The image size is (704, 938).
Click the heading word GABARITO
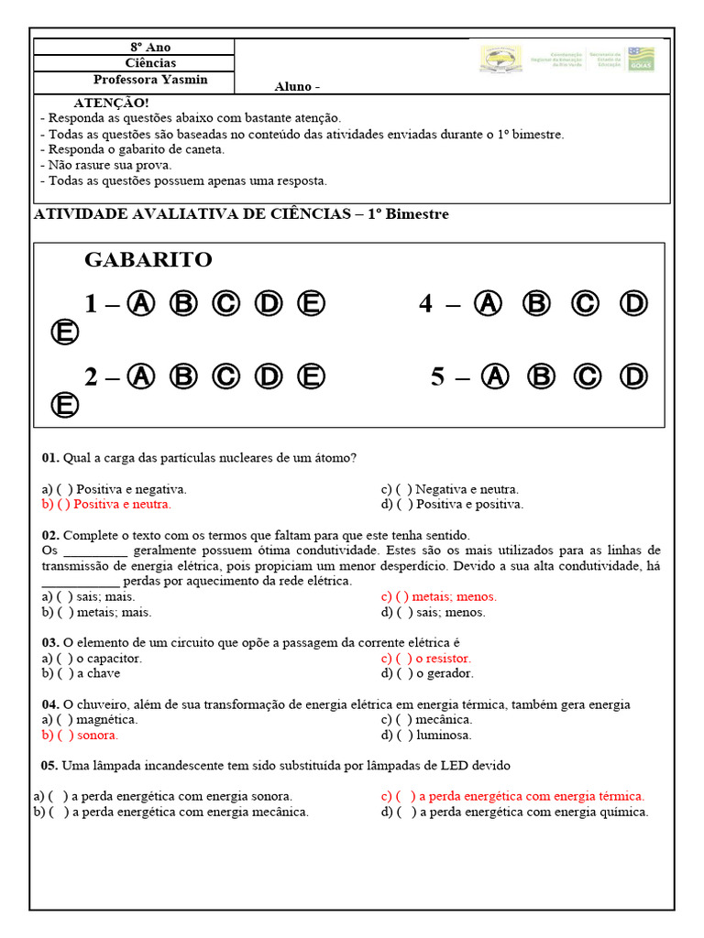[x=148, y=260]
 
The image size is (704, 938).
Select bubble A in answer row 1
[x=140, y=303]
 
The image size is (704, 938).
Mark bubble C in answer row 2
[x=226, y=376]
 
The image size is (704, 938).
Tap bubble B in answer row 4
[x=536, y=303]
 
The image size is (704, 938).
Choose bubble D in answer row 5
[x=633, y=376]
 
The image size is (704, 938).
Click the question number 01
[x=50, y=457]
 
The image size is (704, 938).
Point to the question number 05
[x=50, y=765]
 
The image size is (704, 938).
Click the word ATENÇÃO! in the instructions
[x=111, y=104]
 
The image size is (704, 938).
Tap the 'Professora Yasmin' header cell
[x=150, y=80]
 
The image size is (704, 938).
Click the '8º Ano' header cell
[x=150, y=47]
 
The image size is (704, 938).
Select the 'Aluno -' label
[x=297, y=87]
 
